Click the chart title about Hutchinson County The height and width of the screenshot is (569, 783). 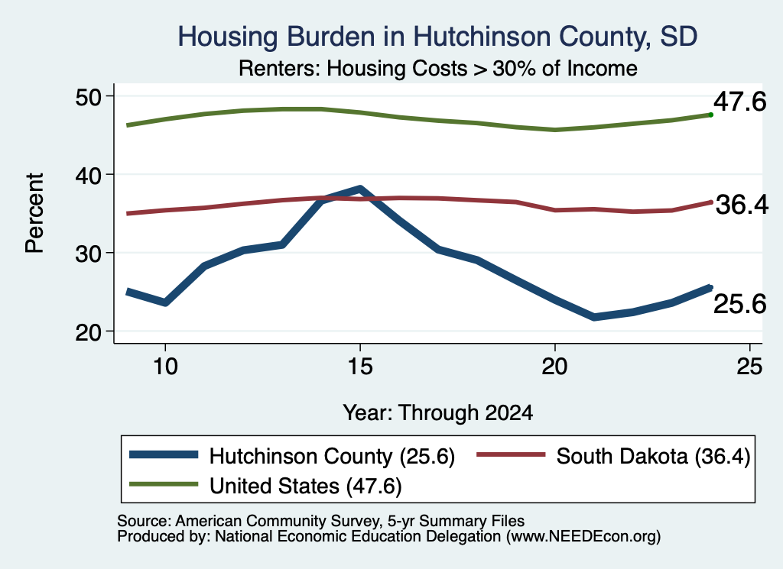pos(437,37)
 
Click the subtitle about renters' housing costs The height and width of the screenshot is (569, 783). pos(438,68)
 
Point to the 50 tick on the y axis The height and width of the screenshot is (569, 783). pos(88,97)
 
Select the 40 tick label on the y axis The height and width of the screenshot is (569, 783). pos(88,175)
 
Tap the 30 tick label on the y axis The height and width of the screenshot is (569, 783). pos(88,254)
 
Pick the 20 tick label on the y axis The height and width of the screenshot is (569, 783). pos(88,331)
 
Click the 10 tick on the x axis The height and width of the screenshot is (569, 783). pos(165,367)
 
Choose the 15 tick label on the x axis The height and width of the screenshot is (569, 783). pos(360,367)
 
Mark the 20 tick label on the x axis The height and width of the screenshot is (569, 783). pos(555,367)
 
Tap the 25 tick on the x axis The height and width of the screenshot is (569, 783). pos(749,367)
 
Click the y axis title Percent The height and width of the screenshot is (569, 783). pos(34,213)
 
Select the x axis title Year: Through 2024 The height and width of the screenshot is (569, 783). pos(438,413)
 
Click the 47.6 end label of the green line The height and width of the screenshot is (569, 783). pos(739,102)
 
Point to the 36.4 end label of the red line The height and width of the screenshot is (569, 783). pos(742,205)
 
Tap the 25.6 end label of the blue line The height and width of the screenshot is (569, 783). pos(739,304)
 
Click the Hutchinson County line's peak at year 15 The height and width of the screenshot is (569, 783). pos(360,189)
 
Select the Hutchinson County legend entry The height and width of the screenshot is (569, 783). pos(292,456)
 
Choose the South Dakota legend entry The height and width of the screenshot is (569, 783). pos(614,456)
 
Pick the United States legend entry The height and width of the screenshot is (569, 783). pos(265,485)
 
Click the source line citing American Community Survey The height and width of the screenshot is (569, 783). pos(320,521)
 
